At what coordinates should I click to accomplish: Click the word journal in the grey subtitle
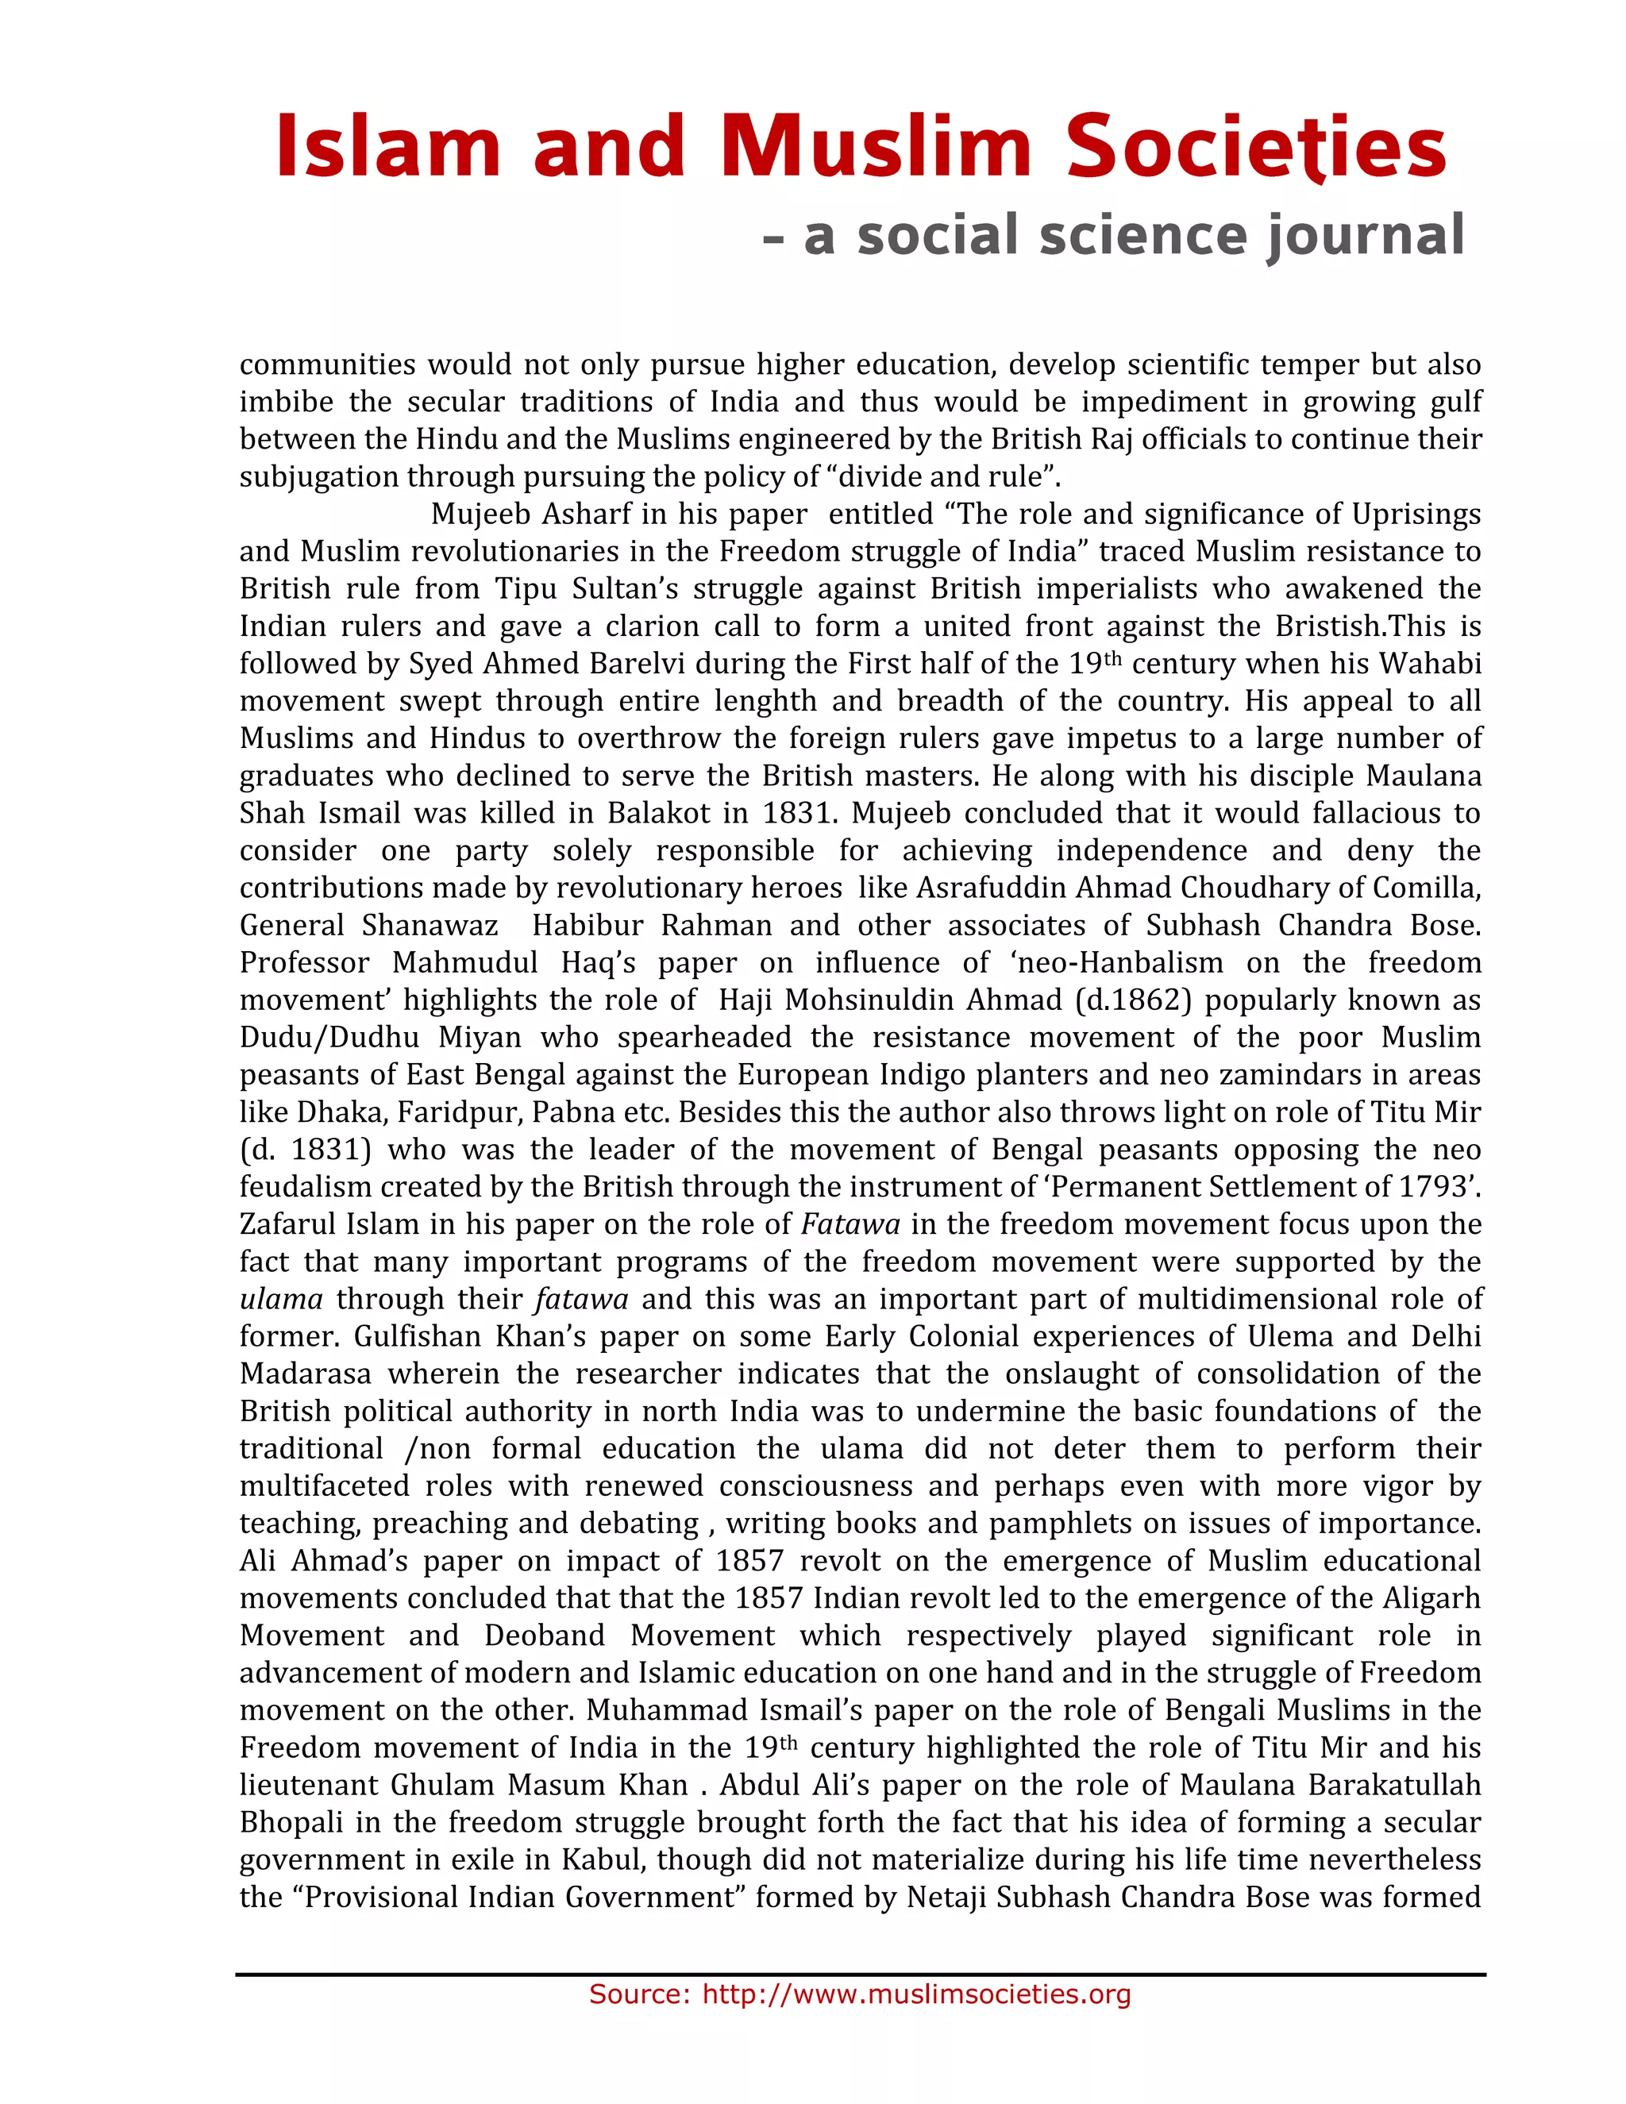[1366, 236]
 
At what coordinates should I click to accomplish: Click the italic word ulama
[280, 1300]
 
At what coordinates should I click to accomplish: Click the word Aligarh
[1431, 1598]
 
